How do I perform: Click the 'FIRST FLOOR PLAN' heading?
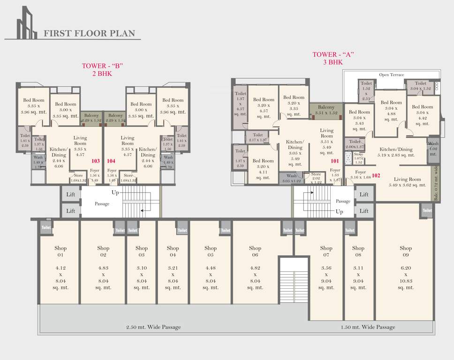pos(89,33)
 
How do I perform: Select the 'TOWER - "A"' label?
pos(333,54)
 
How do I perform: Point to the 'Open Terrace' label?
pos(391,75)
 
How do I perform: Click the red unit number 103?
pos(96,160)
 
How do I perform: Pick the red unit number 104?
pos(111,160)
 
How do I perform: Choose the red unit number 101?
pos(334,161)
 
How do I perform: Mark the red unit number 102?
pos(376,176)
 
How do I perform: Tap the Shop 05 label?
pos(210,251)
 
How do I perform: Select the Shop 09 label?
pos(406,251)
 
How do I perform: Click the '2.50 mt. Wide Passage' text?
pos(153,327)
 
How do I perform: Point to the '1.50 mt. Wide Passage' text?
pos(368,327)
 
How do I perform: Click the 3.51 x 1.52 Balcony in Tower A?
pos(326,110)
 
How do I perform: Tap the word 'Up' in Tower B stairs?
pos(115,193)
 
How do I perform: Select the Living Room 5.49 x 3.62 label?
pos(407,182)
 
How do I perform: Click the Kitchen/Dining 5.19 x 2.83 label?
pos(397,152)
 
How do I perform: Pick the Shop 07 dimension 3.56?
pos(326,268)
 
